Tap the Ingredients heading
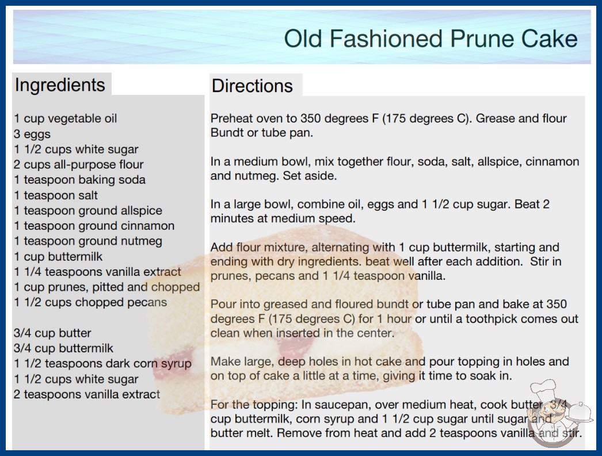(60, 85)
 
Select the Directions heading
(252, 86)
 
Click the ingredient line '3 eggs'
(32, 134)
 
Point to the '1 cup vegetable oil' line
(65, 119)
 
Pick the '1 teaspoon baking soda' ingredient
(80, 180)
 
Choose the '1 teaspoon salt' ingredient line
(56, 195)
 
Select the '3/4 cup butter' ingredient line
(52, 333)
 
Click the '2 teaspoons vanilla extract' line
(87, 394)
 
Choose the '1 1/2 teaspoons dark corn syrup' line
(102, 364)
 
